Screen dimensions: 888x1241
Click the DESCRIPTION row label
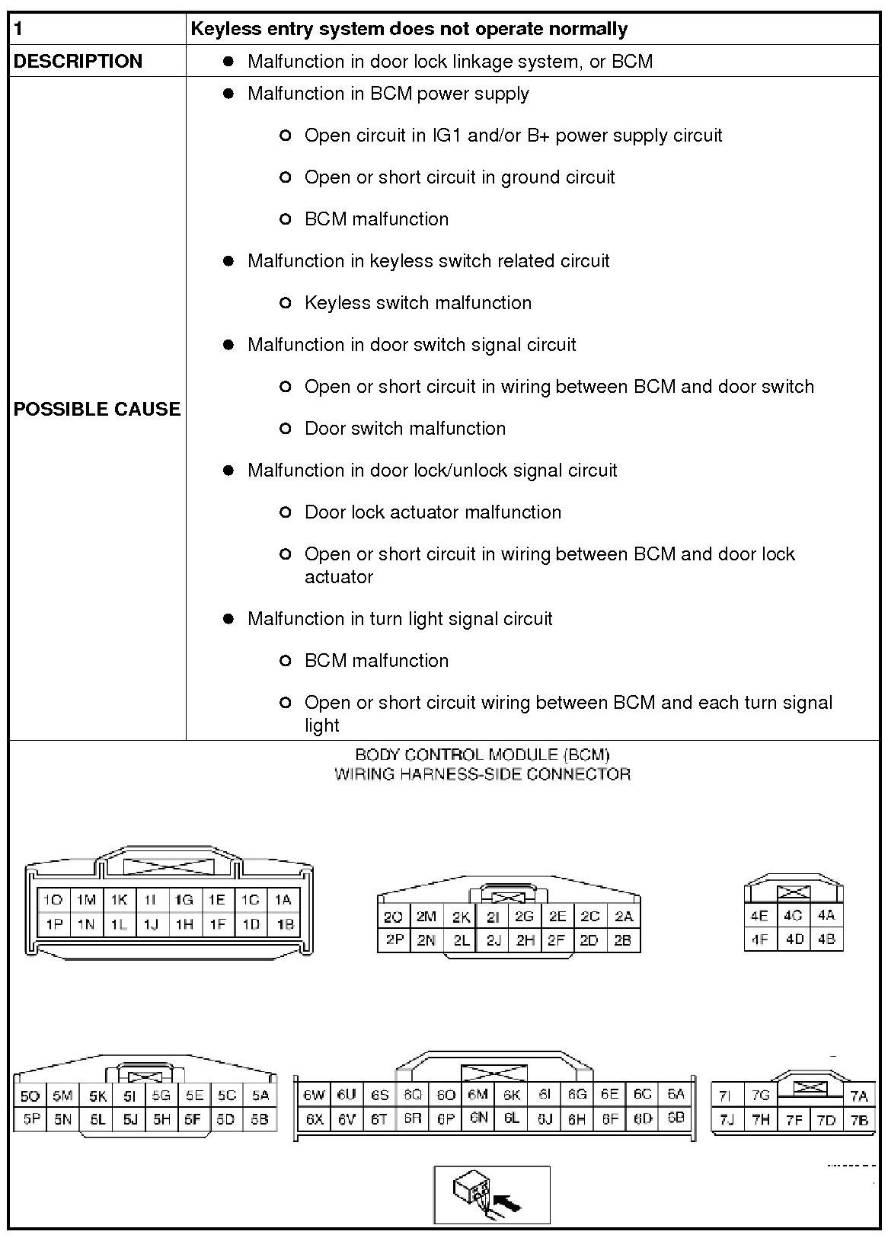point(78,61)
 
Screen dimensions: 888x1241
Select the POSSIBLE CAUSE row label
point(97,409)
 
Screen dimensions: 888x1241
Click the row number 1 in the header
point(18,29)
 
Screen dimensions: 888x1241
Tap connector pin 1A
point(283,900)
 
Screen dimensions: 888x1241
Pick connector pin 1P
point(53,924)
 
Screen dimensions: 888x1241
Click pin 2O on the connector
point(393,917)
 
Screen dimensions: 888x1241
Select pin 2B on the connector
point(622,940)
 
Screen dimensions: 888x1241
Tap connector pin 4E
point(759,916)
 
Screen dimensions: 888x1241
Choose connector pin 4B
point(826,940)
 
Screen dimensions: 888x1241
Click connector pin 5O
point(30,1096)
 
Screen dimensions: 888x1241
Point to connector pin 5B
point(260,1120)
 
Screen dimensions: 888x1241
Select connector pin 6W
point(313,1095)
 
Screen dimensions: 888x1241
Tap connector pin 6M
point(478,1095)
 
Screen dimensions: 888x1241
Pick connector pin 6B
point(676,1118)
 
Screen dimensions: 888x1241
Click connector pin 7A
point(859,1096)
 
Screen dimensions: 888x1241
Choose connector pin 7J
point(727,1120)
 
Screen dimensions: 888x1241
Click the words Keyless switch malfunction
point(417,303)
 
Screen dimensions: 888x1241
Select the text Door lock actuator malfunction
point(433,512)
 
